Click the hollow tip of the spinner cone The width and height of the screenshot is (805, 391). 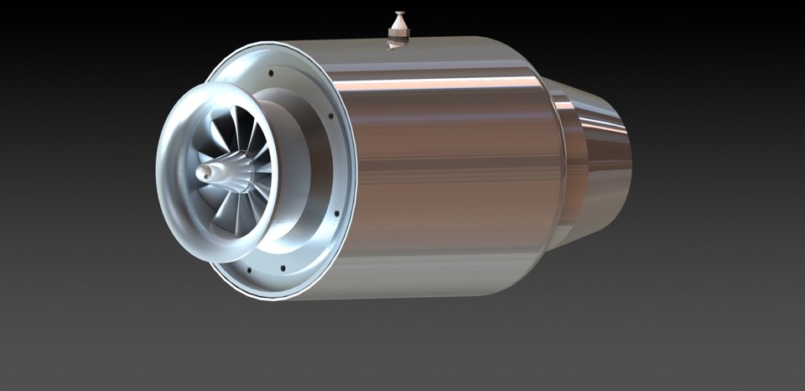[202, 173]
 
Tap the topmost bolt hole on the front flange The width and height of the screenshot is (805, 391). [273, 74]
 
